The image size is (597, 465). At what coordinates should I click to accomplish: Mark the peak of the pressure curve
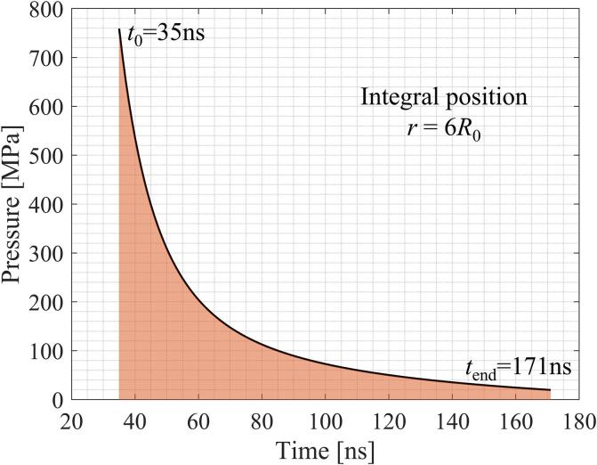pos(120,29)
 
